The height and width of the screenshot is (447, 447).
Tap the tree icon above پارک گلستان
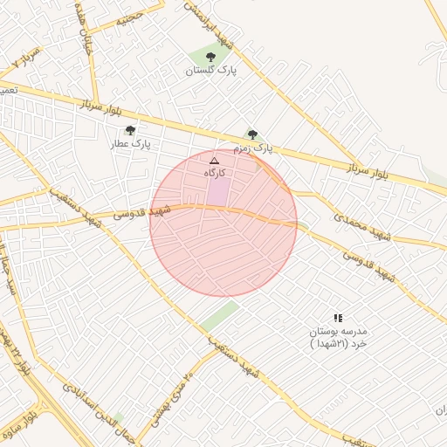210,57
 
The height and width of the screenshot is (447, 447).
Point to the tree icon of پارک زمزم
252,134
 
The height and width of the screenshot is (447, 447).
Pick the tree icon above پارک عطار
130,130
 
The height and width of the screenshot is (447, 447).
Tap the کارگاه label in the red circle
215,173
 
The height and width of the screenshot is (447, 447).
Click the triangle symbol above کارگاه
214,161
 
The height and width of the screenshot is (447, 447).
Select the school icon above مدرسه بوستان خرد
338,318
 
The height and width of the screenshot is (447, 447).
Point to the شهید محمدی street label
361,217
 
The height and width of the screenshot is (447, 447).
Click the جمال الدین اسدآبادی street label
97,409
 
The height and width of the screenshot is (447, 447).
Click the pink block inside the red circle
218,191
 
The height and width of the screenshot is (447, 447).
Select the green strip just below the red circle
219,316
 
